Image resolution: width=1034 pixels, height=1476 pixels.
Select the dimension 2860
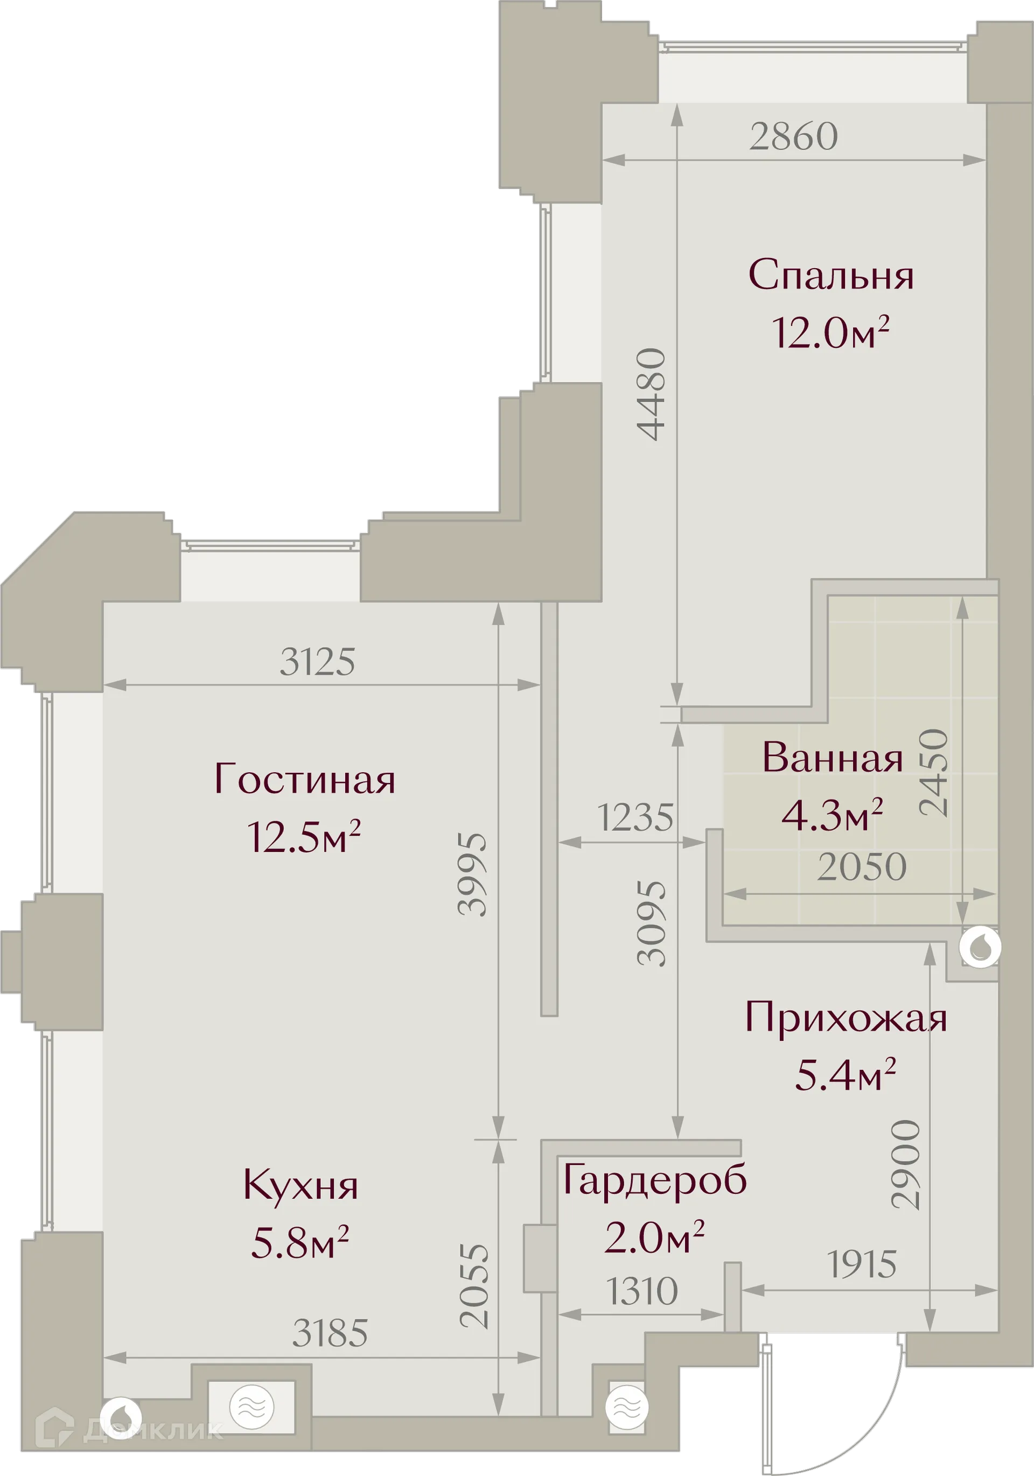(x=793, y=136)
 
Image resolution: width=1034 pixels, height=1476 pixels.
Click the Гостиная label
(x=304, y=780)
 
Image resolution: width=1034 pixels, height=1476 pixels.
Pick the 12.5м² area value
(x=304, y=836)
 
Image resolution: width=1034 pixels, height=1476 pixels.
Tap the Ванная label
(x=833, y=758)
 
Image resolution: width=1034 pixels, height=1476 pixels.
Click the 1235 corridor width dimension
(x=635, y=818)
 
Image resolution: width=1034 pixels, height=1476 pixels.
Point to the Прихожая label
(x=846, y=1018)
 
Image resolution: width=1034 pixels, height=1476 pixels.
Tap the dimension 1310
(x=642, y=1291)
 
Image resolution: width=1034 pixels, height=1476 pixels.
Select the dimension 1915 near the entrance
(x=862, y=1264)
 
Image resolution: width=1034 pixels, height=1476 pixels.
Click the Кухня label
(x=301, y=1185)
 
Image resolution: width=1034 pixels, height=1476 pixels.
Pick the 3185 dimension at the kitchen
(x=330, y=1333)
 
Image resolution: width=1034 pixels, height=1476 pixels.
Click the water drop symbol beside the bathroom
(x=980, y=947)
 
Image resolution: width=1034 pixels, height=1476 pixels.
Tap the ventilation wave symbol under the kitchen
(x=251, y=1407)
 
